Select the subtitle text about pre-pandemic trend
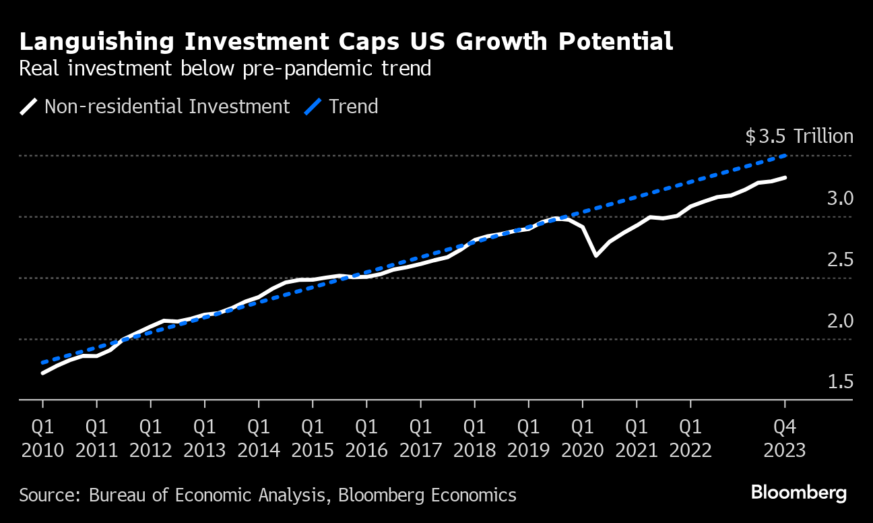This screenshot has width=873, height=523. click(x=225, y=69)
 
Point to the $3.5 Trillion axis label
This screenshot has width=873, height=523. click(x=799, y=137)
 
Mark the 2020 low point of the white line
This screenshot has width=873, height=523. click(x=596, y=255)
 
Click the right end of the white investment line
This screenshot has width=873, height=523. click(x=785, y=177)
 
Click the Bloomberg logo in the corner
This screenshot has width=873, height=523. click(x=798, y=493)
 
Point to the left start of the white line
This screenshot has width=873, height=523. click(x=43, y=373)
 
